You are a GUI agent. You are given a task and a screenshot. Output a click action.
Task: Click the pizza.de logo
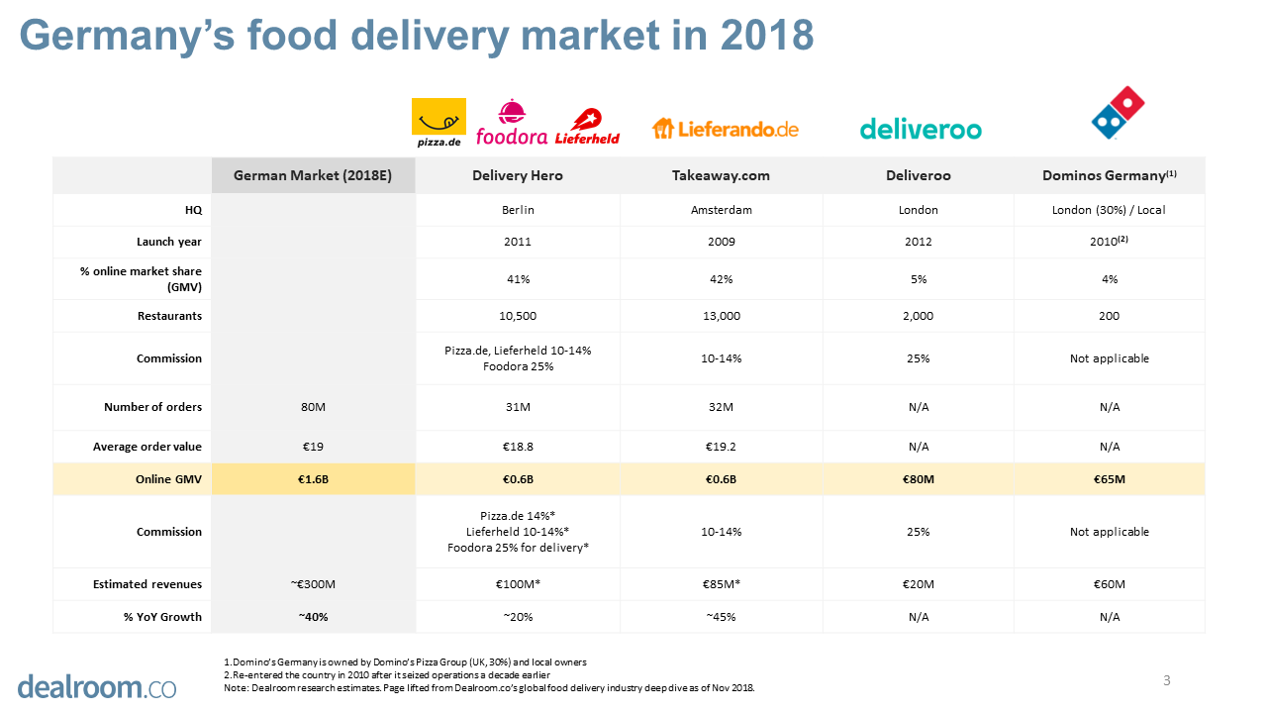click(x=439, y=122)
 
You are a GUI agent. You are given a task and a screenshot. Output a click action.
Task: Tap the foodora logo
click(x=511, y=124)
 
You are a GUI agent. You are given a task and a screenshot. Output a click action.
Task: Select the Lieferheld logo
click(x=588, y=127)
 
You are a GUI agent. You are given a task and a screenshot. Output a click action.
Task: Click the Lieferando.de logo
click(x=725, y=129)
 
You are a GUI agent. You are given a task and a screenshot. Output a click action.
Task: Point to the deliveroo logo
click(x=921, y=129)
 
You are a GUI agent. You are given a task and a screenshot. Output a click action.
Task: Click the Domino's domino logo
click(x=1118, y=113)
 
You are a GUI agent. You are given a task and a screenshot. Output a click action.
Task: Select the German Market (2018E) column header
click(x=313, y=175)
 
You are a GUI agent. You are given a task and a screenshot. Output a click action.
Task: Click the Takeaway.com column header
click(x=721, y=175)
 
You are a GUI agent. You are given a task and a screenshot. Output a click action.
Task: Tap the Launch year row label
click(x=169, y=242)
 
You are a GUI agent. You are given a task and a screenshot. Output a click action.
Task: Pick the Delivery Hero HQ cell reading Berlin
click(x=519, y=210)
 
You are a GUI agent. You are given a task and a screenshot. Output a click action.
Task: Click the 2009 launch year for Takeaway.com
click(x=721, y=242)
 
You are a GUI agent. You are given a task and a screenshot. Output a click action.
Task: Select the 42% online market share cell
click(x=721, y=279)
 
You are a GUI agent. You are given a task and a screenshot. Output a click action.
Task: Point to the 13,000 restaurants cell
click(x=721, y=316)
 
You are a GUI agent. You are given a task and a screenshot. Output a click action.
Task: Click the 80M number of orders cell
click(x=313, y=407)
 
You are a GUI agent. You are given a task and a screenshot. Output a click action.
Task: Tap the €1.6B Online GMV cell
click(x=313, y=479)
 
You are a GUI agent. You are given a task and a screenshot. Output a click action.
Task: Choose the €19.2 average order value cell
click(x=721, y=447)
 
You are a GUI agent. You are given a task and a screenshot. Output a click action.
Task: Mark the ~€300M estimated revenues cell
click(x=313, y=584)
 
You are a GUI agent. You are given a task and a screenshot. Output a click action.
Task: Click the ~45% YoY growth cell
click(x=721, y=617)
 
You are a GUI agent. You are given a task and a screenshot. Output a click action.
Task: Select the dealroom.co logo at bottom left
click(x=96, y=685)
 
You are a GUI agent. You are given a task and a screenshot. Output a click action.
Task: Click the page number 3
click(x=1167, y=680)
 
